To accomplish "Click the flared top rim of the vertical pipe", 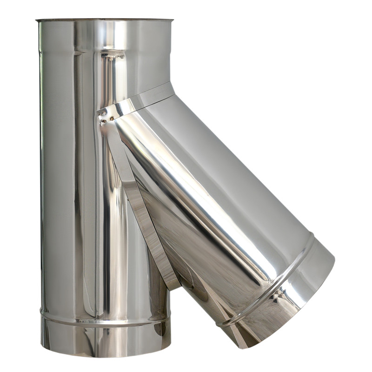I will pyautogui.click(x=104, y=20).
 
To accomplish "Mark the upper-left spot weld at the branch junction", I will pyautogui.click(x=100, y=113).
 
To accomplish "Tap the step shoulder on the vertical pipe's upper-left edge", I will pyautogui.click(x=40, y=51).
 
